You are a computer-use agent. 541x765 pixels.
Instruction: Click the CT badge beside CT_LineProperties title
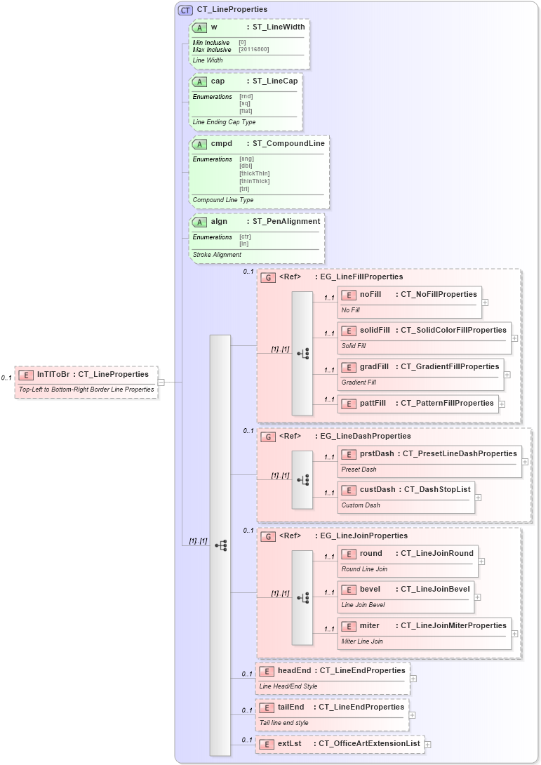[186, 10]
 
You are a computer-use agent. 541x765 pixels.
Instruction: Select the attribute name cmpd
[221, 143]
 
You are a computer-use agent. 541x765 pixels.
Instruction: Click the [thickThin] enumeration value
[254, 173]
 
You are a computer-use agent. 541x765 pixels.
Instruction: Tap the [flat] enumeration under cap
[246, 111]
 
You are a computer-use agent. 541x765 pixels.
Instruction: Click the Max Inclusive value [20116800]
[253, 49]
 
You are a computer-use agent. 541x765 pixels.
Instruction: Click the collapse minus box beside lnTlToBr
[161, 382]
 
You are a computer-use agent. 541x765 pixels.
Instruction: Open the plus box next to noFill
[485, 302]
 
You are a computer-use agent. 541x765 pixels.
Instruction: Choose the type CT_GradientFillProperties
[450, 366]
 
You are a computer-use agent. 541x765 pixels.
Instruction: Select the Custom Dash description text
[361, 505]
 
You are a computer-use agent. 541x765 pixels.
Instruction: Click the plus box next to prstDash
[525, 462]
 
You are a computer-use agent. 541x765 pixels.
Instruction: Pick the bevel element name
[369, 589]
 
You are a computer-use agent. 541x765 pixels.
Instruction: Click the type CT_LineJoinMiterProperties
[453, 625]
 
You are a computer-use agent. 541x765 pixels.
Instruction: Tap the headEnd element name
[293, 670]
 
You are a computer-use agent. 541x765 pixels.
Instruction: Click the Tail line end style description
[284, 722]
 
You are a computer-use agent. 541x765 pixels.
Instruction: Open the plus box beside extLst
[427, 744]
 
